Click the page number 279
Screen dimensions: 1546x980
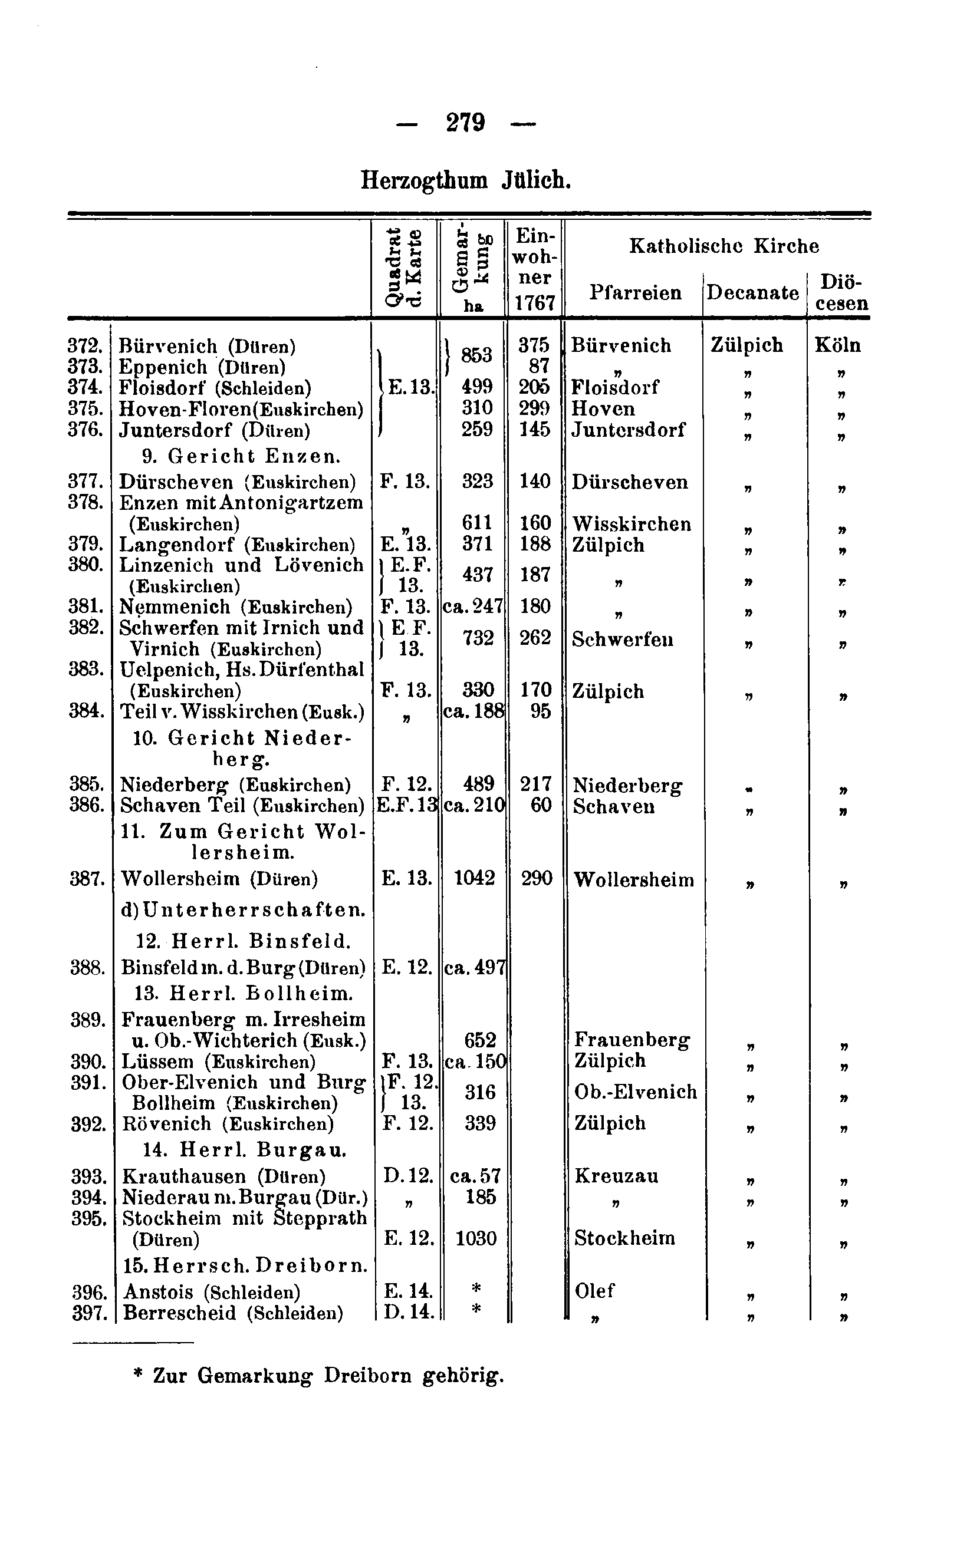tap(466, 122)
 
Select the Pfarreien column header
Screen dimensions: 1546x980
tap(635, 293)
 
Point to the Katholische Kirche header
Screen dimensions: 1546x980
tap(724, 246)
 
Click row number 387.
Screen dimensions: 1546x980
tap(87, 878)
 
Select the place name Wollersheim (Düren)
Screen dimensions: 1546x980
tap(219, 878)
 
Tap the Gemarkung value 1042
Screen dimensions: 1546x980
tap(475, 878)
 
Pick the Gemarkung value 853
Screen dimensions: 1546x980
tap(476, 355)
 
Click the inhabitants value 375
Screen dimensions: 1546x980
tap(534, 345)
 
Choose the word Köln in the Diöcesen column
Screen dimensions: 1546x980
tap(837, 345)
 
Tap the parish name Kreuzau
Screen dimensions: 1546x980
tap(617, 1176)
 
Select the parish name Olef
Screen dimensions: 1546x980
tap(595, 1290)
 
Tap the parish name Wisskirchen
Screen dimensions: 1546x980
tap(632, 524)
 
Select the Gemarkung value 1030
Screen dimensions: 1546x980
tap(476, 1238)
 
